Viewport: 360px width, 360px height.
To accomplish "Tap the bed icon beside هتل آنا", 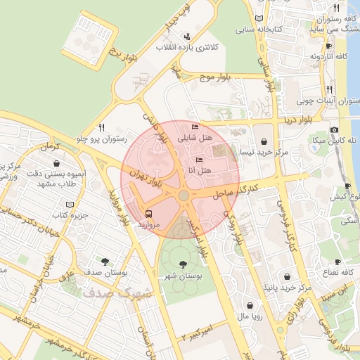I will (199, 160).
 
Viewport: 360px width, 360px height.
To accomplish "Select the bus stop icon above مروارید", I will (148, 214).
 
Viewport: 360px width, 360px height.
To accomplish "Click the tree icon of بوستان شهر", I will (183, 264).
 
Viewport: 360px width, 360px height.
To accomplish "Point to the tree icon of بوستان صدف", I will (105, 260).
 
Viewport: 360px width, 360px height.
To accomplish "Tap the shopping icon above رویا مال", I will (251, 305).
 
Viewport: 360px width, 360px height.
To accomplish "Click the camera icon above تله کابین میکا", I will (334, 129).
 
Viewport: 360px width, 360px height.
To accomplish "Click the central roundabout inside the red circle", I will (184, 195).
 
